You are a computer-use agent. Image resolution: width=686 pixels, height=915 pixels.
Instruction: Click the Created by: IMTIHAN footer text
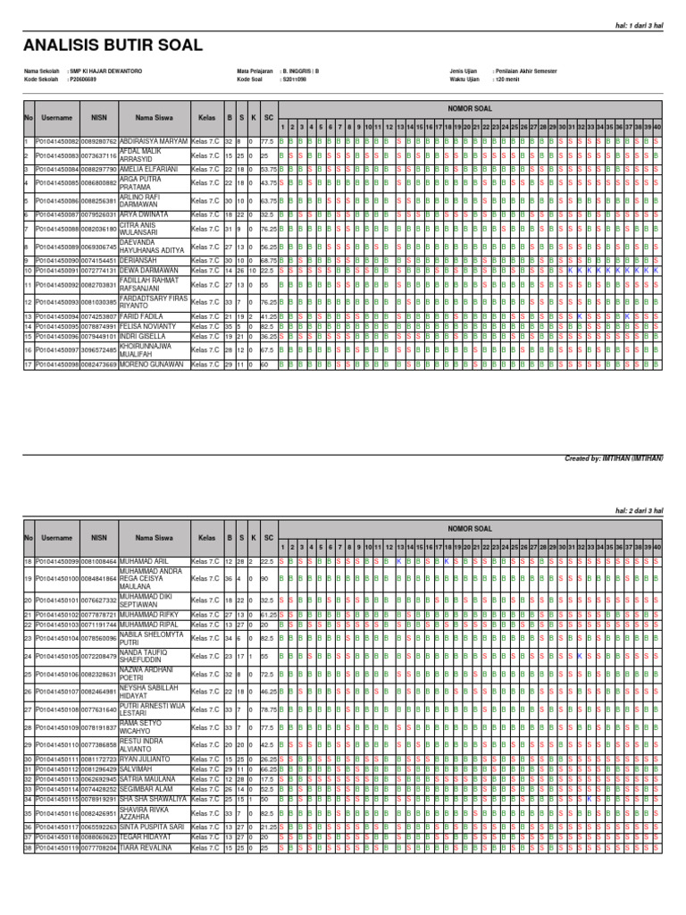[x=614, y=458]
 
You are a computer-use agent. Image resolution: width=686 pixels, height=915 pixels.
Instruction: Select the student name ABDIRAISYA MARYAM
[x=154, y=141]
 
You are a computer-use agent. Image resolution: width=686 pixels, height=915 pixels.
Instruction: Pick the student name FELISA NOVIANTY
[x=147, y=326]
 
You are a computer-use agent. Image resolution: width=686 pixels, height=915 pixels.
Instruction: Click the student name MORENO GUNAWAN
[x=151, y=365]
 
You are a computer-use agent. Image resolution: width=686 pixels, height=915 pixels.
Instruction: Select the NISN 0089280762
[x=98, y=141]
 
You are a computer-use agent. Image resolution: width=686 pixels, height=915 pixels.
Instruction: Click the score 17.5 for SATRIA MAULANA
[x=267, y=778]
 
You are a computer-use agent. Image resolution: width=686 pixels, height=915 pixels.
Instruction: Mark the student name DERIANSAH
[x=138, y=260]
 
